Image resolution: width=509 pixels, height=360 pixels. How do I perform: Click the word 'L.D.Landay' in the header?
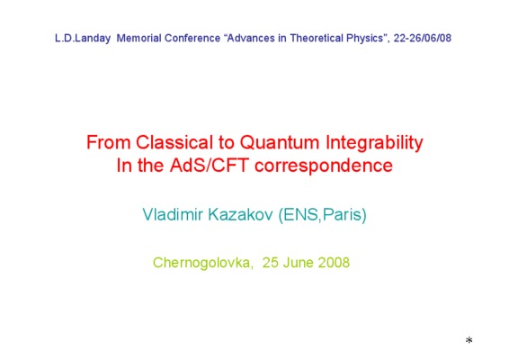click(83, 39)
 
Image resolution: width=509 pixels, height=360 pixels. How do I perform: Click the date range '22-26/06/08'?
click(423, 39)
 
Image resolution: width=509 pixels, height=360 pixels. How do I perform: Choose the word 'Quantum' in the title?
click(280, 142)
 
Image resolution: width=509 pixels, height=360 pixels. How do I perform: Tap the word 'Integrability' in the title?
click(374, 143)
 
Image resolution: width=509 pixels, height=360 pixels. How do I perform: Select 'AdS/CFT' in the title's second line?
click(210, 166)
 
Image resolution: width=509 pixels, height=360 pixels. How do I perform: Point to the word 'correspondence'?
click(324, 166)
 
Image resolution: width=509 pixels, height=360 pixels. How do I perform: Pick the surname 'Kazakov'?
click(240, 214)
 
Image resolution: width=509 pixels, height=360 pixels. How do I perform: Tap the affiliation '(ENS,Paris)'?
click(322, 215)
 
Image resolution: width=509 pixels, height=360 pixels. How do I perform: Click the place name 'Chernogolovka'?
click(202, 263)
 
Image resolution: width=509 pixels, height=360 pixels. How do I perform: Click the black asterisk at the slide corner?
click(469, 340)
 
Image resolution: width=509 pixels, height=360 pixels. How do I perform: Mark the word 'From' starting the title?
click(109, 142)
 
